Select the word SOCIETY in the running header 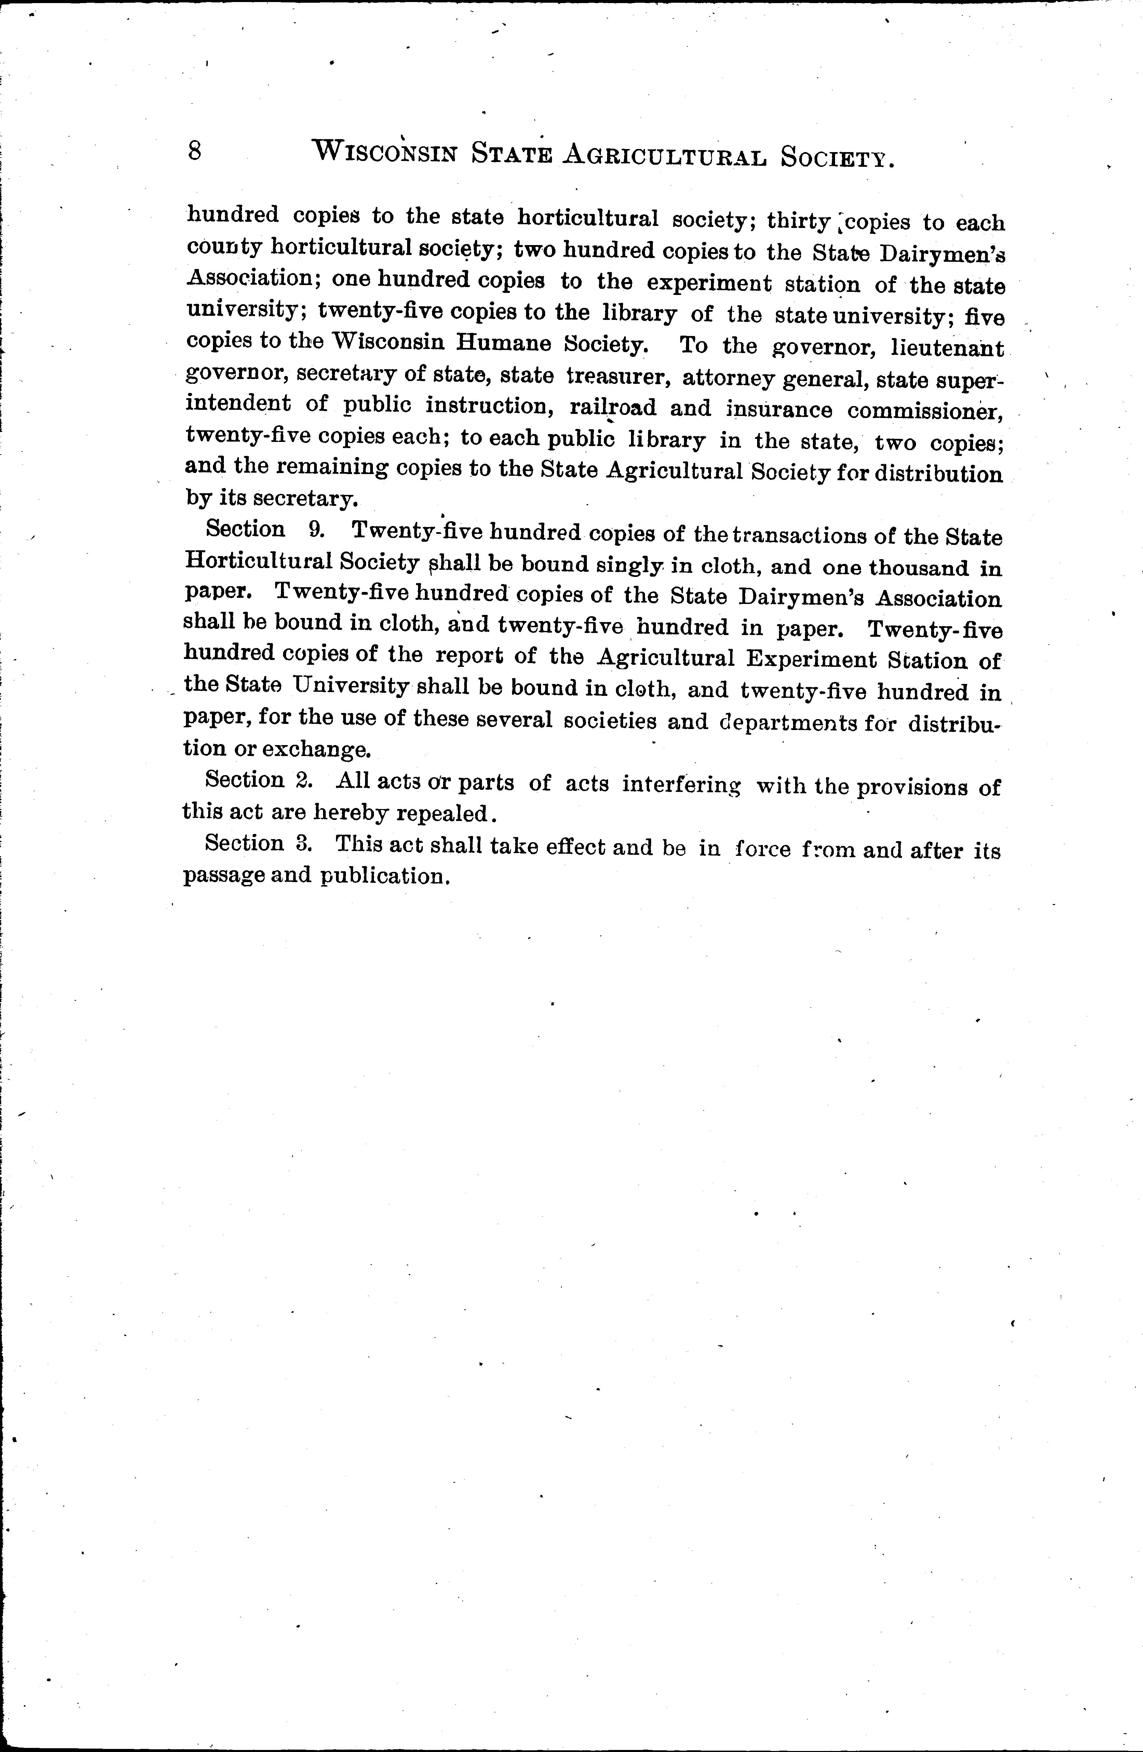click(837, 157)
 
